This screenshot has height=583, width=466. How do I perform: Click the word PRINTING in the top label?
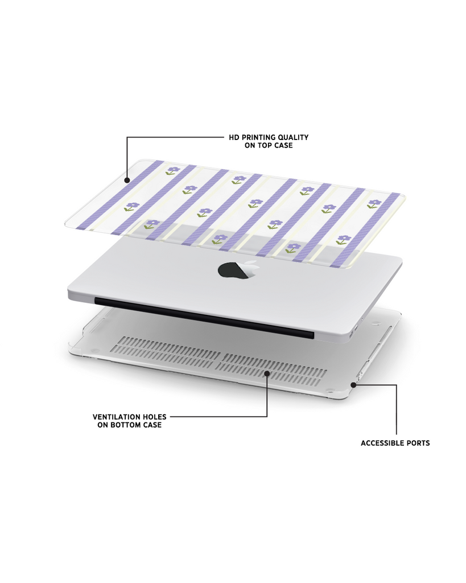pos(258,137)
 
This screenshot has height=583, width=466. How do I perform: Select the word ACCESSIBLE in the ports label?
pos(379,443)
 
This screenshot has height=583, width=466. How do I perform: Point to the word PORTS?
pos(415,443)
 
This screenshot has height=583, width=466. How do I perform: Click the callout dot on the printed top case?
pos(127,180)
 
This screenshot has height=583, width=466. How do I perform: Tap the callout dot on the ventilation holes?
pos(267,372)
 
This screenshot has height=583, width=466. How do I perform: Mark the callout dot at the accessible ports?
pos(353,385)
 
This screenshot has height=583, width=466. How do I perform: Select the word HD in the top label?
pos(234,137)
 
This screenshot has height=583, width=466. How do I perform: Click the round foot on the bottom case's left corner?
pos(94,350)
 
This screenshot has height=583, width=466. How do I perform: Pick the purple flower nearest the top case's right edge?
pos(373,203)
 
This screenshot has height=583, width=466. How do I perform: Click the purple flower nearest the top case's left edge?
pos(131,207)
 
